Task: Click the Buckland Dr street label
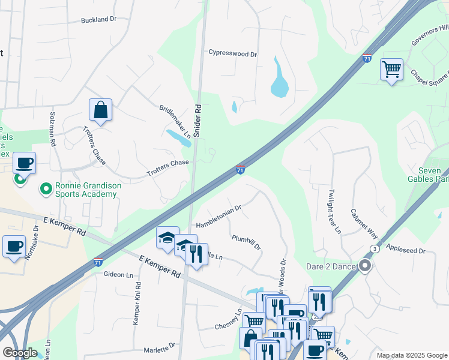click(x=99, y=19)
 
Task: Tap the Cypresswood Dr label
click(x=232, y=53)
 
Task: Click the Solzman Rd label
click(x=52, y=134)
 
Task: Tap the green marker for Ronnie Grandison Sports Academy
click(x=45, y=190)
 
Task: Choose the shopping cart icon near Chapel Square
click(x=391, y=70)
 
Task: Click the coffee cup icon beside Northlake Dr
click(x=14, y=246)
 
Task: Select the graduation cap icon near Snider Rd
click(x=167, y=238)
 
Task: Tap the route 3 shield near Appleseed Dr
click(x=375, y=248)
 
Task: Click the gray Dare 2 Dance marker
click(x=364, y=266)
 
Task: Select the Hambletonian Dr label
click(x=218, y=217)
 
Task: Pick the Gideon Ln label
click(x=118, y=274)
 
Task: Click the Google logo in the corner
click(x=20, y=353)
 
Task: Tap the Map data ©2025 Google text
click(x=411, y=355)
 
